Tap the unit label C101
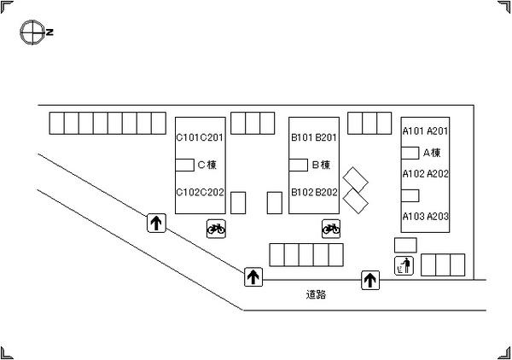tap(188, 137)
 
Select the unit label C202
tap(212, 192)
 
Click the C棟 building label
tap(207, 165)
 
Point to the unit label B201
tap(326, 137)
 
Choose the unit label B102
tap(302, 192)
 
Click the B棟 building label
tap(321, 165)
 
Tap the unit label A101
tap(413, 131)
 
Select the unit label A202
tap(438, 174)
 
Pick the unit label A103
tap(413, 216)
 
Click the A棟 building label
tap(432, 153)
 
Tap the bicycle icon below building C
tap(216, 229)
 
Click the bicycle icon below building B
tap(331, 229)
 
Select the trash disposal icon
tap(404, 265)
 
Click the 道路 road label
tap(316, 294)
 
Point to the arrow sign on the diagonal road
tap(156, 223)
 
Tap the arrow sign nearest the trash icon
tap(370, 280)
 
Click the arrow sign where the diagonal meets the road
tap(253, 277)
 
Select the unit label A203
tap(438, 216)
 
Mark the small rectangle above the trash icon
tap(405, 245)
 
